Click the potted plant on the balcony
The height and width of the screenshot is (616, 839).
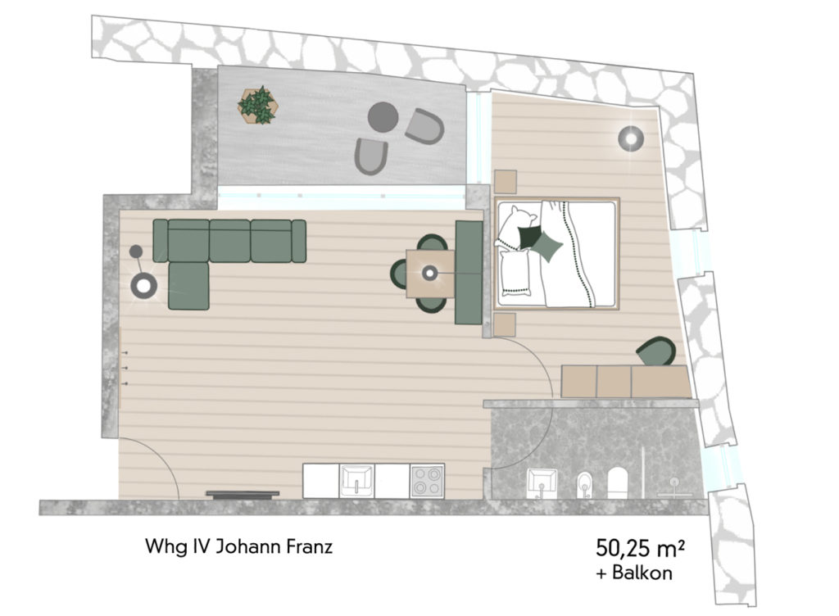(x=257, y=106)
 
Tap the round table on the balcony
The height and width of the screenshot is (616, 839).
(x=383, y=117)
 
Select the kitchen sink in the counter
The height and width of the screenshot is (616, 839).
(x=356, y=481)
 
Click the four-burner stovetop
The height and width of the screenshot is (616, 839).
(x=427, y=481)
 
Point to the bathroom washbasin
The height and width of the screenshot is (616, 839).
(x=542, y=483)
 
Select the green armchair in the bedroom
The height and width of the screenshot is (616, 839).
(x=656, y=351)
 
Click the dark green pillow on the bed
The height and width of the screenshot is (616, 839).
(x=528, y=237)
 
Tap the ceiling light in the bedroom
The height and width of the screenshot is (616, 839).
(x=630, y=139)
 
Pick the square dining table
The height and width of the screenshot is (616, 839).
(x=430, y=274)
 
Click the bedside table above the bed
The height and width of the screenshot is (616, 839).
(x=505, y=181)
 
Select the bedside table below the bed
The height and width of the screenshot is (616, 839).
(x=505, y=325)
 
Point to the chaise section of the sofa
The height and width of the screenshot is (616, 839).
(x=188, y=286)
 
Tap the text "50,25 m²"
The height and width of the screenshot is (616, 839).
(x=641, y=548)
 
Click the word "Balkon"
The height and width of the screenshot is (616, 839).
(x=642, y=573)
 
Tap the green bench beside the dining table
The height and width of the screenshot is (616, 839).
(x=469, y=273)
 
